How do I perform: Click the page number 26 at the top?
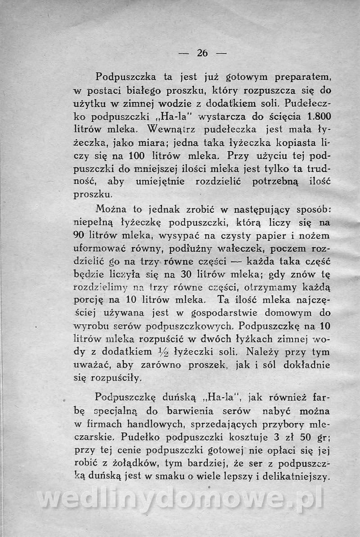coord(202,53)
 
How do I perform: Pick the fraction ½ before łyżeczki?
coord(150,352)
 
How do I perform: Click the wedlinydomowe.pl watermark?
coord(180,499)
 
